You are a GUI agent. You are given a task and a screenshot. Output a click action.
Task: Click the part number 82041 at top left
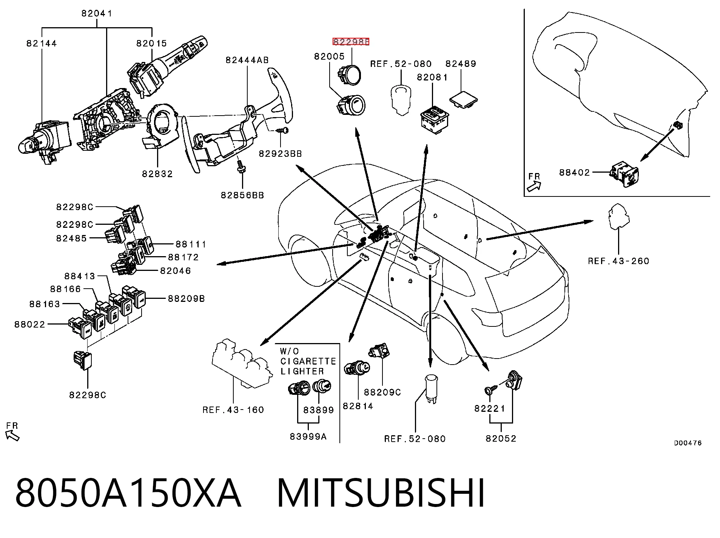(97, 14)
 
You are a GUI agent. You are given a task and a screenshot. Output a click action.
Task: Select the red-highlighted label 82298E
(351, 42)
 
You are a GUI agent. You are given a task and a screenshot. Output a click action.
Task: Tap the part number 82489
(461, 63)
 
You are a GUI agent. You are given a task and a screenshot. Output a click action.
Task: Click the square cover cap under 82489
(463, 99)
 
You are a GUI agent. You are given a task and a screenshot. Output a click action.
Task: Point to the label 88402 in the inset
(574, 172)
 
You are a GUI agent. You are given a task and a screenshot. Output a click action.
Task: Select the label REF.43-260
(618, 261)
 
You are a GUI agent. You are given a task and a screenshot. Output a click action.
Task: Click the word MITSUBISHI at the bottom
(381, 493)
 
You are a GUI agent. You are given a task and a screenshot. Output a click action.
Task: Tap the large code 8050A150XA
(128, 493)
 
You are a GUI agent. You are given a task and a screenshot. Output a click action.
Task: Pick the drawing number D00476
(688, 443)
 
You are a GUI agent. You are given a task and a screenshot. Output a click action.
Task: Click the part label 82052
(501, 439)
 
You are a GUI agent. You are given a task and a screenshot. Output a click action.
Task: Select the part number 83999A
(308, 437)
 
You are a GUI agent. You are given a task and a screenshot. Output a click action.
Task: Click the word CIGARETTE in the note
(308, 362)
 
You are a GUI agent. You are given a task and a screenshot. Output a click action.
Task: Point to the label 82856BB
(242, 195)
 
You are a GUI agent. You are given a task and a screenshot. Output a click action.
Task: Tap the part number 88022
(30, 325)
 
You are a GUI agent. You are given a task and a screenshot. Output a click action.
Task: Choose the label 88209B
(186, 299)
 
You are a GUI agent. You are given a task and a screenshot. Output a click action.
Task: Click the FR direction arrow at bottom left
(13, 436)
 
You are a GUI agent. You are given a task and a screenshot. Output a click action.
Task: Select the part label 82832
(157, 174)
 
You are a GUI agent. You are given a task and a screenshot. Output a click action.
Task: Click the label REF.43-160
(233, 410)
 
